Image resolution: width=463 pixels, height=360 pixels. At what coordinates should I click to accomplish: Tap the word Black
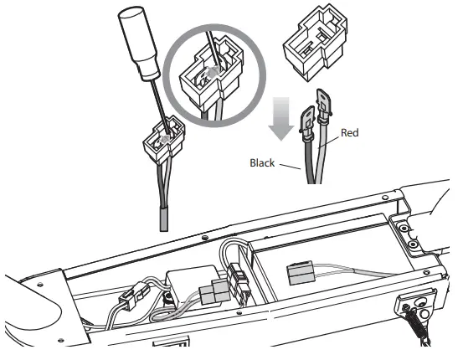(262, 163)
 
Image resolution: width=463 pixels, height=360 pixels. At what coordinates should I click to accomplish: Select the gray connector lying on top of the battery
(301, 274)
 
